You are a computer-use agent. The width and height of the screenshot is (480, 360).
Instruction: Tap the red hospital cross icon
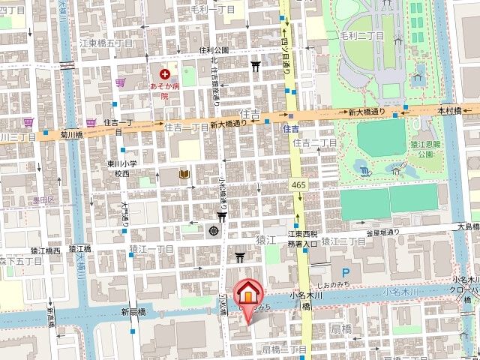point(165,74)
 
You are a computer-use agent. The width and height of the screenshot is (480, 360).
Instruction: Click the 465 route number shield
point(298,184)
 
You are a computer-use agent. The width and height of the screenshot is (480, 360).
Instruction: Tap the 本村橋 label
point(449,110)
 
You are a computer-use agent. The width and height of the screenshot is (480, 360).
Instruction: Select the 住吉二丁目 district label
point(315,142)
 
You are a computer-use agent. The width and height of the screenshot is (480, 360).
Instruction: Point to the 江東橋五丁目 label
point(106,43)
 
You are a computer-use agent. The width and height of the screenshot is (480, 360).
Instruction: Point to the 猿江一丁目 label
point(151,248)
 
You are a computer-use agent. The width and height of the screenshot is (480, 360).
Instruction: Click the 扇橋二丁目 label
point(284,349)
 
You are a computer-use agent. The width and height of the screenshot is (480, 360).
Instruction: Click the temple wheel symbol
point(214,229)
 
